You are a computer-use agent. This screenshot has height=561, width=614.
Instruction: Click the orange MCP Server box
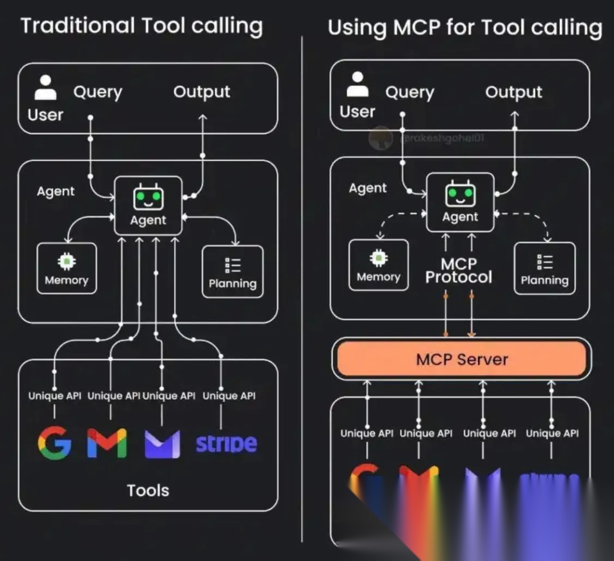click(x=461, y=359)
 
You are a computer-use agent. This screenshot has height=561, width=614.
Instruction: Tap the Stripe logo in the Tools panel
click(x=226, y=443)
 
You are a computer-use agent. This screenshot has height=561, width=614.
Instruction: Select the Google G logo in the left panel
click(x=55, y=442)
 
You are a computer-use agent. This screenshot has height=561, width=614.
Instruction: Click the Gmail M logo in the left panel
click(x=107, y=443)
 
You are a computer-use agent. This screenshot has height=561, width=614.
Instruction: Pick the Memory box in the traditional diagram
click(x=67, y=268)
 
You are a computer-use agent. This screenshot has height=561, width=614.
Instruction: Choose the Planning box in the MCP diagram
click(x=544, y=268)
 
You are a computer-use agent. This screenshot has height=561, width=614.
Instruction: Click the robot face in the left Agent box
click(x=148, y=198)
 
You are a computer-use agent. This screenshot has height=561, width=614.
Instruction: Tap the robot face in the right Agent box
click(x=460, y=194)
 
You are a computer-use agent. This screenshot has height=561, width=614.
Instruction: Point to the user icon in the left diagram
click(x=45, y=88)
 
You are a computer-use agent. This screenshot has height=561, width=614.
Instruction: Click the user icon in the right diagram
click(x=358, y=85)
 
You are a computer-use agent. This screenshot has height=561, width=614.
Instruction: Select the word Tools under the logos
click(x=148, y=490)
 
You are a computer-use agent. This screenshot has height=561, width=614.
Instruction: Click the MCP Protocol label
click(x=459, y=271)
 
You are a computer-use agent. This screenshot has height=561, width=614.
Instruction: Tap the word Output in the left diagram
click(x=202, y=92)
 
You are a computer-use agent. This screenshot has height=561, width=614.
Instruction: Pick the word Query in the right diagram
click(x=409, y=92)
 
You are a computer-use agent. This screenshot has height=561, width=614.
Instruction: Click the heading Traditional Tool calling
click(x=142, y=26)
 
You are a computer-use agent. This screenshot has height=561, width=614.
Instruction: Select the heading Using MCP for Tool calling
click(x=464, y=27)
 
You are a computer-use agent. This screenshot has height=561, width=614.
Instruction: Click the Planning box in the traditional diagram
click(x=233, y=271)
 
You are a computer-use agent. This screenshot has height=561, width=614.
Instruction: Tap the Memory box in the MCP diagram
click(x=378, y=265)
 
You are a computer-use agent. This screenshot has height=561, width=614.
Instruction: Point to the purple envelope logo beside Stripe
click(x=162, y=443)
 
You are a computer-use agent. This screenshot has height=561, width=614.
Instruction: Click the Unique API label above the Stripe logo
click(x=229, y=396)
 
